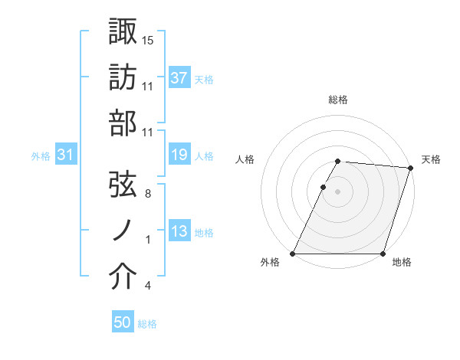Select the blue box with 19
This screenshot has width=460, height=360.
(x=179, y=155)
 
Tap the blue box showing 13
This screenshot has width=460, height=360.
(x=179, y=231)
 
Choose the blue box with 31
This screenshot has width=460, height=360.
(x=66, y=155)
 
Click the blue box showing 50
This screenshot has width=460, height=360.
(x=123, y=323)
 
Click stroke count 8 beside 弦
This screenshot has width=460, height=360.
(x=147, y=194)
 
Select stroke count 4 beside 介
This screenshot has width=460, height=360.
(x=147, y=286)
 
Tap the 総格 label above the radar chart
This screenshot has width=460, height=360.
(x=338, y=100)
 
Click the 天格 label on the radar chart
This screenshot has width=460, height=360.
(x=431, y=159)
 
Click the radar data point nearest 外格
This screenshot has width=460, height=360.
(x=293, y=254)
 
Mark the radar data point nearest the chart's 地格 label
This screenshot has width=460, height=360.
(x=383, y=254)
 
